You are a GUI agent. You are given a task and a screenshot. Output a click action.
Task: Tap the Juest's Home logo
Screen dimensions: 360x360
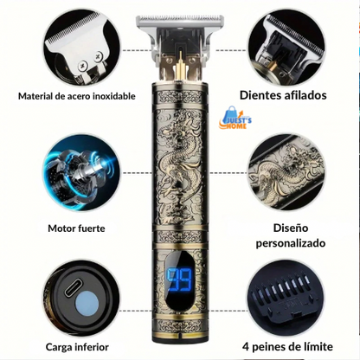(x=235, y=118)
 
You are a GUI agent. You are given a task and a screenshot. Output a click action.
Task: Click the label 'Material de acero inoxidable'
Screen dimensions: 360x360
(x=77, y=96)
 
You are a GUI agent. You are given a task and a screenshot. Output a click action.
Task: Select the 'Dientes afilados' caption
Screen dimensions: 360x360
(x=283, y=95)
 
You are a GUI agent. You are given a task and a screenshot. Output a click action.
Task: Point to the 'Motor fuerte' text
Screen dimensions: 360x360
(x=76, y=228)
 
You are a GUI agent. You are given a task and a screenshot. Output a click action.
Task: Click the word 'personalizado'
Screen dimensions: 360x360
(x=291, y=243)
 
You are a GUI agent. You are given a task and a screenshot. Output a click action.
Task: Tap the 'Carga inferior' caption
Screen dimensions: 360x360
(x=77, y=347)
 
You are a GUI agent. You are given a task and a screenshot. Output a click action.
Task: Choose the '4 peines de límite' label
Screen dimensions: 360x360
(x=287, y=346)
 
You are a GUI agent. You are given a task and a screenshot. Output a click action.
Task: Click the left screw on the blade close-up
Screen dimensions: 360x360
(x=82, y=66)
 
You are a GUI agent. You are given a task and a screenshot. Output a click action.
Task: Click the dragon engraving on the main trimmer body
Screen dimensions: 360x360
(x=179, y=164)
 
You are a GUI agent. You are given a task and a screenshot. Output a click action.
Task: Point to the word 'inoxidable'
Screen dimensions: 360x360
(x=114, y=96)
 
